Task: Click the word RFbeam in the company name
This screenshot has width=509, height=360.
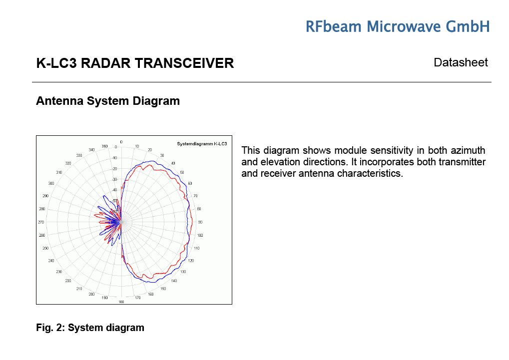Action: pyautogui.click(x=333, y=26)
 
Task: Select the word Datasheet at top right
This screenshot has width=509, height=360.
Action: pyautogui.click(x=461, y=62)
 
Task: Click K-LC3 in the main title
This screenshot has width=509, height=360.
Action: pyautogui.click(x=56, y=63)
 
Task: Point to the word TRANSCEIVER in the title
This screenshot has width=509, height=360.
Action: pyautogui.click(x=184, y=63)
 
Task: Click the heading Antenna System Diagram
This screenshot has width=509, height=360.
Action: pyautogui.click(x=108, y=101)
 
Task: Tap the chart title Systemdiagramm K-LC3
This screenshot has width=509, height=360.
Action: pyautogui.click(x=202, y=144)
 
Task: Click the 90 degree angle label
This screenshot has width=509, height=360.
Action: pyautogui.click(x=200, y=222)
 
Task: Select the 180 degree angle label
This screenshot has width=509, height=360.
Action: pyautogui.click(x=121, y=302)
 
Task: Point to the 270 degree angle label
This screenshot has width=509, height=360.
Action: pyautogui.click(x=41, y=222)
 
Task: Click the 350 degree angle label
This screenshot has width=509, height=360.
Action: pyautogui.click(x=104, y=146)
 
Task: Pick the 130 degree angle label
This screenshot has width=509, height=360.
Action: pyautogui.click(x=183, y=272)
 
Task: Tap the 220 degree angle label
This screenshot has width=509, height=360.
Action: pyautogui.click(x=68, y=281)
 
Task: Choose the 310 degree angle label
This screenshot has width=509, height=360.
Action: pyautogui.click(x=59, y=172)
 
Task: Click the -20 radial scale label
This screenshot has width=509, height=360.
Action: pyautogui.click(x=114, y=169)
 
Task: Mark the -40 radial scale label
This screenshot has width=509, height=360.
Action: pyautogui.click(x=114, y=190)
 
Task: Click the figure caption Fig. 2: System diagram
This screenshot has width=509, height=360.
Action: pyautogui.click(x=90, y=328)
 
